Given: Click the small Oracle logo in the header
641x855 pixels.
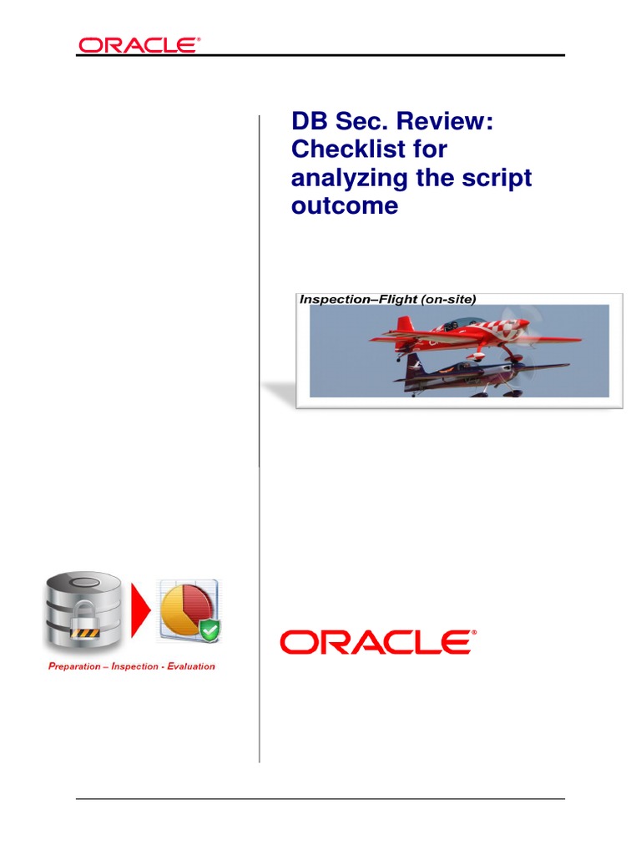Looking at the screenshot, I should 139,45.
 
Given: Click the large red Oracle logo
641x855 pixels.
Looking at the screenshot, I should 377,642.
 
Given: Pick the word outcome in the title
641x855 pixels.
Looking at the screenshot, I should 344,205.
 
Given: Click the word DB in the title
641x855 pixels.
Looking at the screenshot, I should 307,122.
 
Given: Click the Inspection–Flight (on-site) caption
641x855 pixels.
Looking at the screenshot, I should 388,299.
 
